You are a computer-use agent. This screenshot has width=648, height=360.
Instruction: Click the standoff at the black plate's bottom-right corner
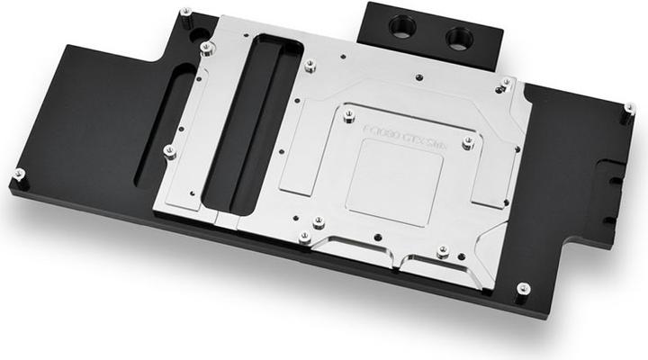[523, 289]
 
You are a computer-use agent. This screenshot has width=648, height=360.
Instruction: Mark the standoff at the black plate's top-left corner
[185, 13]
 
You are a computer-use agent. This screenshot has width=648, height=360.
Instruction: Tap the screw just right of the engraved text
[467, 142]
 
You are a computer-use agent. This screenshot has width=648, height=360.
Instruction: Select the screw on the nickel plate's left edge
[167, 150]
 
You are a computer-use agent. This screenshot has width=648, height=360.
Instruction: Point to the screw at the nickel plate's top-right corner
[507, 83]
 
